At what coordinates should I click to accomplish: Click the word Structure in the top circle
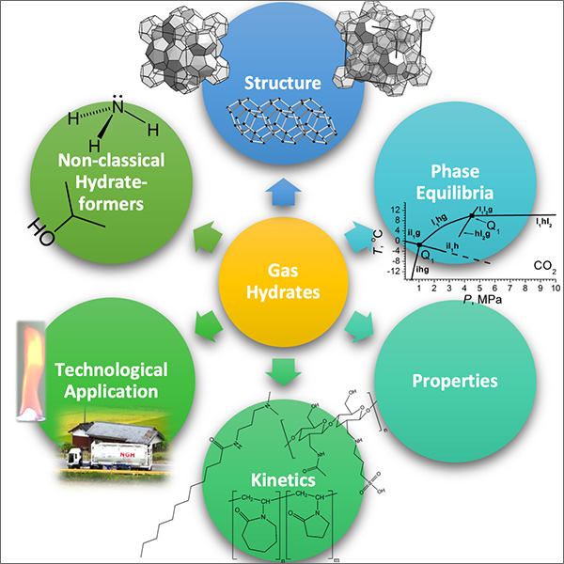click(281, 84)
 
